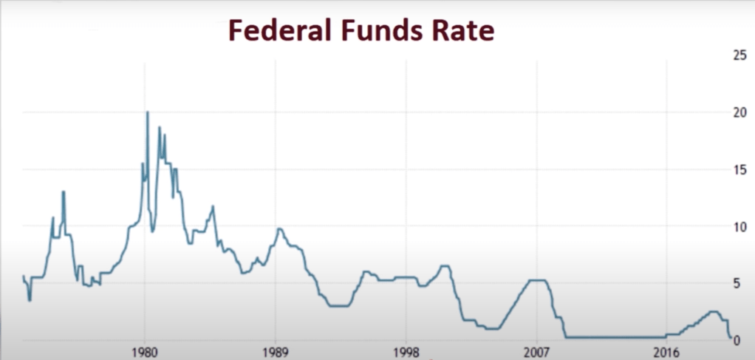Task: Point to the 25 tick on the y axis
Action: (739, 55)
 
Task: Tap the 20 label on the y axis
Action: (739, 112)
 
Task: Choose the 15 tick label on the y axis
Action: (739, 169)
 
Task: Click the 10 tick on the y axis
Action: (739, 226)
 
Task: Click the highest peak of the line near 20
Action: (148, 112)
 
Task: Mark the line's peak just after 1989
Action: (279, 229)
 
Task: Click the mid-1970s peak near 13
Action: (64, 192)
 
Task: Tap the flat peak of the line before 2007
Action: (537, 280)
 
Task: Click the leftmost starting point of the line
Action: (23, 276)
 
